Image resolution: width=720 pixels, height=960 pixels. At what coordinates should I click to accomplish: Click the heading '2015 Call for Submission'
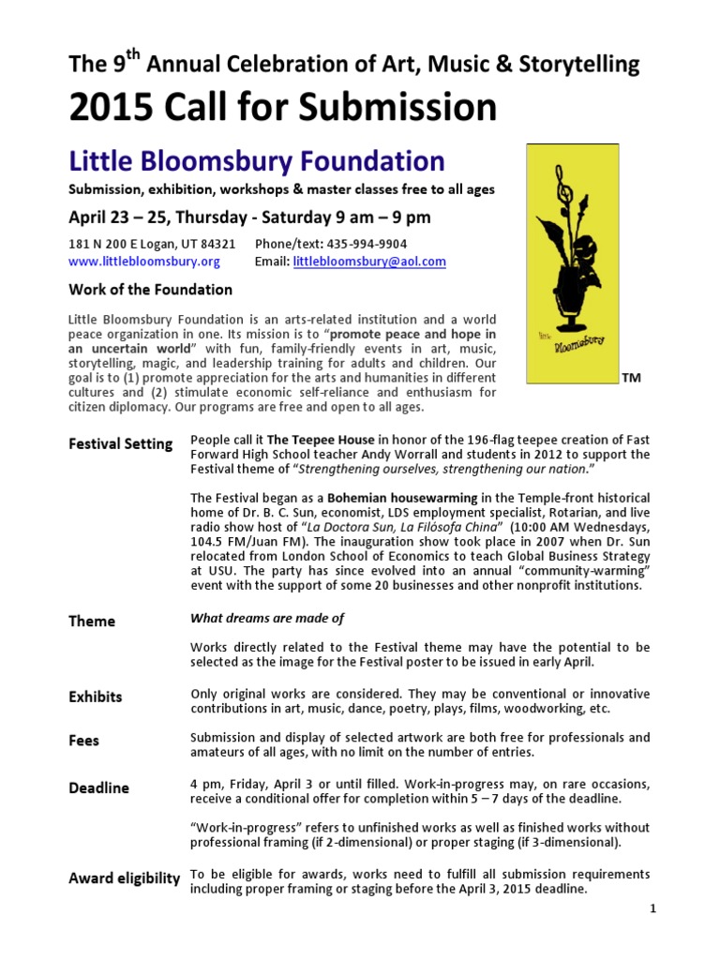tap(282, 109)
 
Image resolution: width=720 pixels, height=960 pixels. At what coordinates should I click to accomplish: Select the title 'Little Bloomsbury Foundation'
tap(257, 160)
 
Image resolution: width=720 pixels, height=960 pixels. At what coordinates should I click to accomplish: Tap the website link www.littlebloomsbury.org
tap(144, 262)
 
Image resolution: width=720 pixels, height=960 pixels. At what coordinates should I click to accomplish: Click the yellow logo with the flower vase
tap(571, 263)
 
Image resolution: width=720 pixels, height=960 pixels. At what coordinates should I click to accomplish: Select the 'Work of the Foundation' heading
tap(150, 290)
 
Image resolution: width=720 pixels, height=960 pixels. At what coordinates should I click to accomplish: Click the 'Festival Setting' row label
tap(120, 443)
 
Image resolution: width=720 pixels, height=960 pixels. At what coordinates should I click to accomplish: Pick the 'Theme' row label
tap(92, 621)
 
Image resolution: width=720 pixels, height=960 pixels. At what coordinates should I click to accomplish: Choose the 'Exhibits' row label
tap(96, 697)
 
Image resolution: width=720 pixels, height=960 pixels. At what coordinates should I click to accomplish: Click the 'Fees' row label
tap(84, 741)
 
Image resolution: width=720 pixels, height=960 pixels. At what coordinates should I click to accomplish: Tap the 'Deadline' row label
tap(99, 787)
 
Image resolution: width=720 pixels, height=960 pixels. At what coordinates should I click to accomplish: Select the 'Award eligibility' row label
tap(124, 878)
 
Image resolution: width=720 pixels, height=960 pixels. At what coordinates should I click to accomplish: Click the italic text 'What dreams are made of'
tap(267, 618)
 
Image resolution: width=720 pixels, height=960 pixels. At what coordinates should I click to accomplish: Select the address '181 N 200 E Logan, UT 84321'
tap(152, 244)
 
